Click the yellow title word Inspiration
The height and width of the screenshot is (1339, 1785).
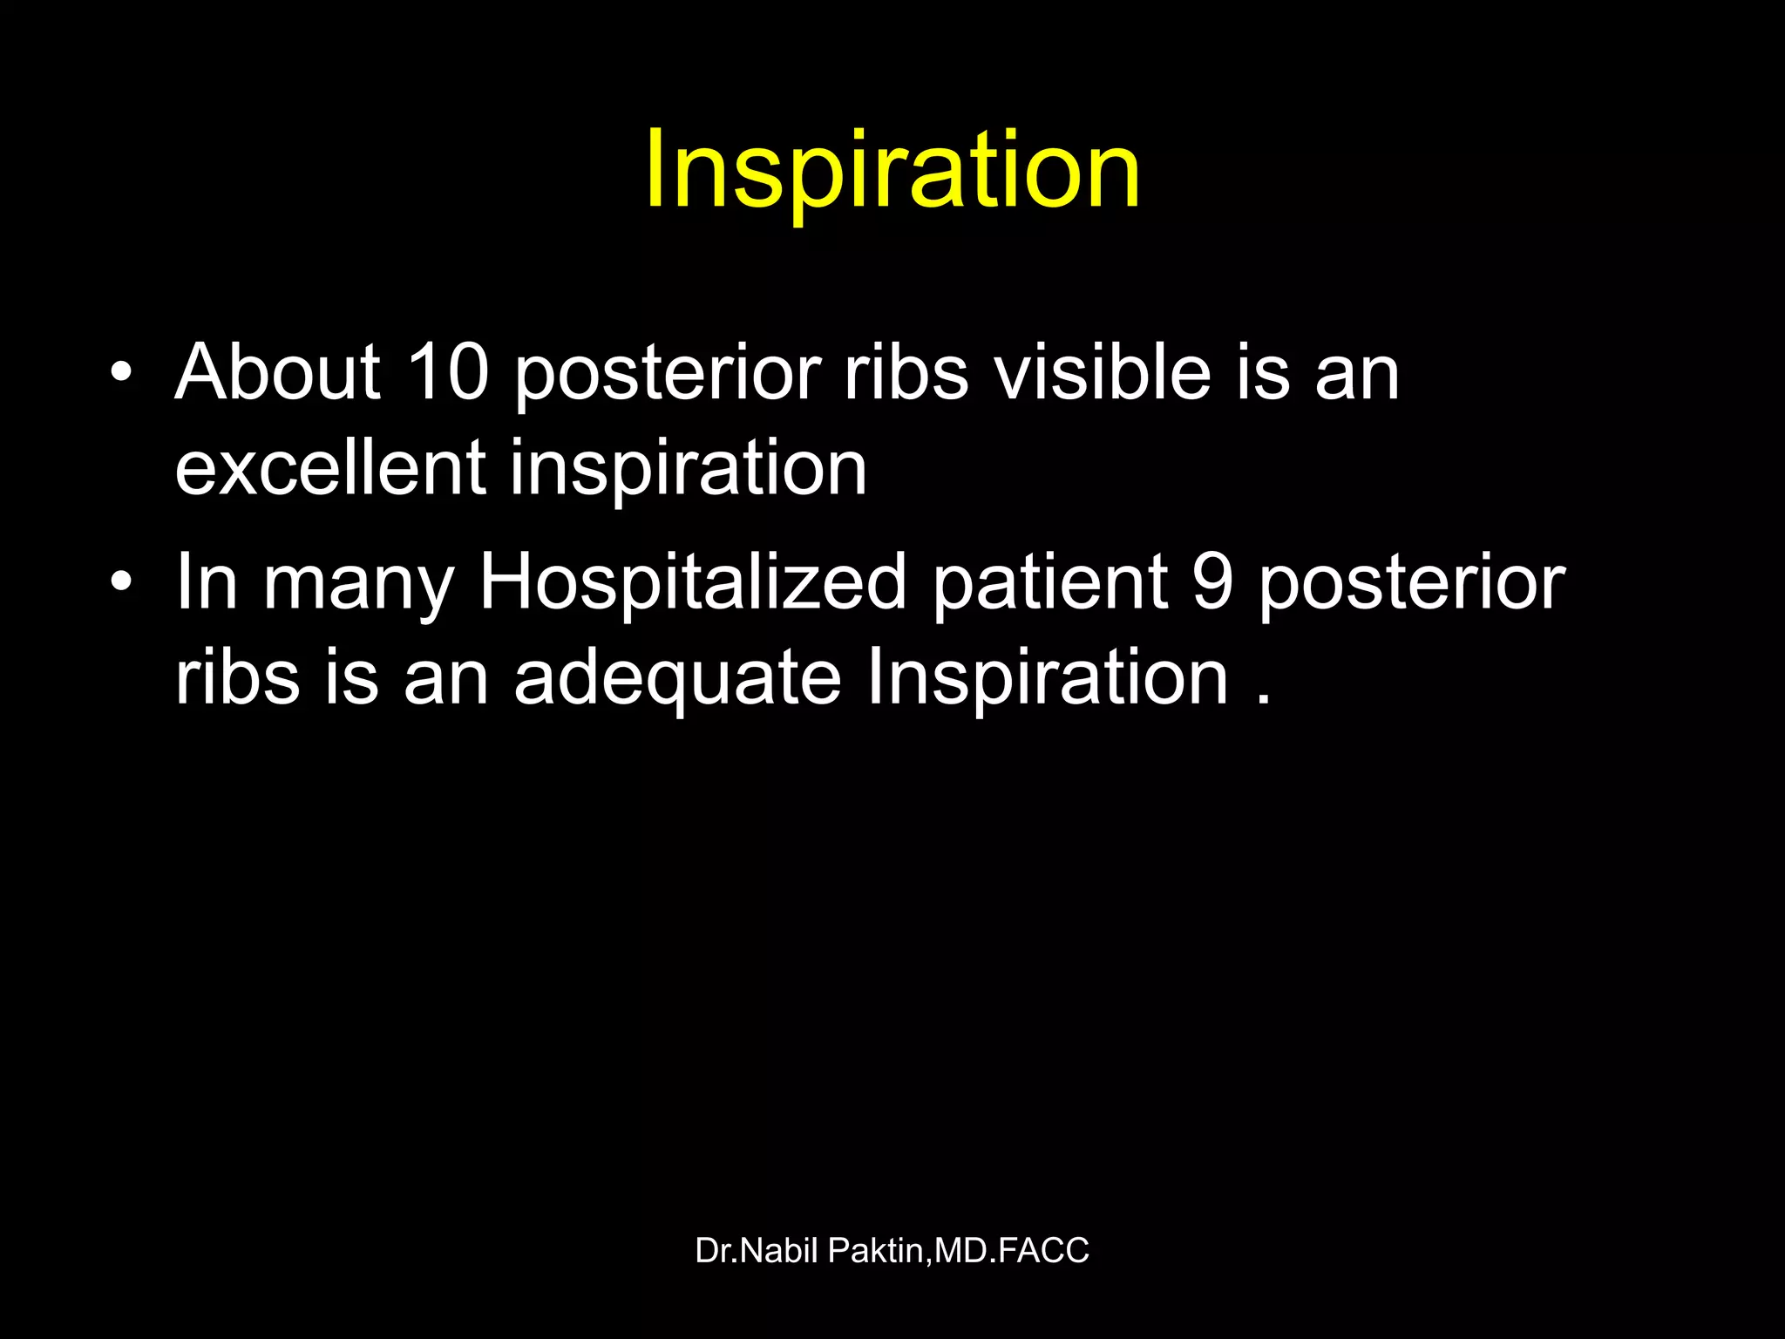tap(892, 170)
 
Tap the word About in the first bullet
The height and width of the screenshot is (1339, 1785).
tap(278, 372)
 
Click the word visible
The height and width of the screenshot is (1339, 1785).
tap(1103, 372)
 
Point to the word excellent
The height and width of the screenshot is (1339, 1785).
tap(330, 468)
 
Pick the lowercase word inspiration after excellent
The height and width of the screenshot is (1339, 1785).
tap(689, 468)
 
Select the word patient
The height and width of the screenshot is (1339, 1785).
tap(1050, 582)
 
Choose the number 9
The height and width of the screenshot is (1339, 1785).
tap(1212, 582)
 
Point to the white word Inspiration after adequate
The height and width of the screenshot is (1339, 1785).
tap(1047, 678)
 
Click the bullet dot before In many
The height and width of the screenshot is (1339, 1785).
tap(121, 582)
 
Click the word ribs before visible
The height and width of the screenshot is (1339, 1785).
tap(906, 372)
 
